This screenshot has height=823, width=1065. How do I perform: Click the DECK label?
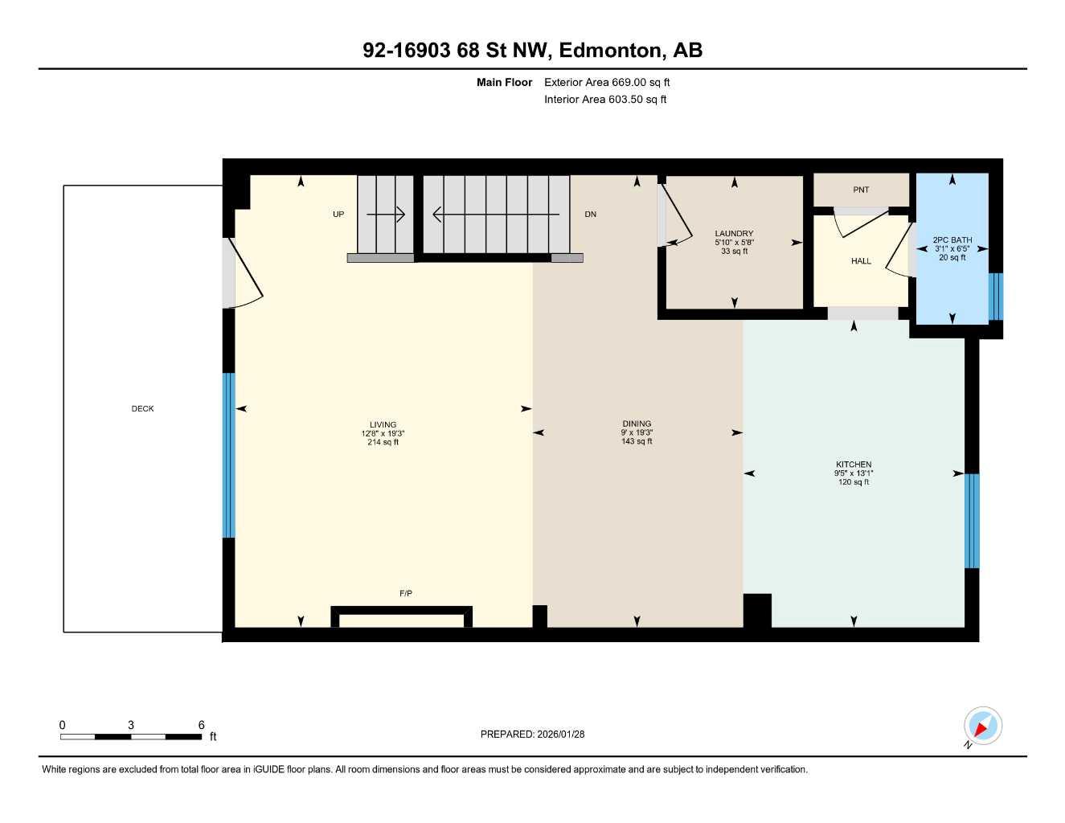point(142,408)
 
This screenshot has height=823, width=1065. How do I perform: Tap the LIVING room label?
point(383,425)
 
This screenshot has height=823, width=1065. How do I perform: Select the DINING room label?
point(637,424)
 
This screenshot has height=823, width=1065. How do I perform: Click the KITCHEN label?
point(853,465)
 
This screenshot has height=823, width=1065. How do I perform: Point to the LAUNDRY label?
point(734,234)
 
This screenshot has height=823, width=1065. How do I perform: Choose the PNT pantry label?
point(861,190)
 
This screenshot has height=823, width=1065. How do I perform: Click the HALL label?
point(861,261)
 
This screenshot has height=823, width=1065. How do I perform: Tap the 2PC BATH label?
point(952,240)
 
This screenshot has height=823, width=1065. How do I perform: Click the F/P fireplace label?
point(406,593)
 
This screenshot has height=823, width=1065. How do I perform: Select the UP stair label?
point(338,215)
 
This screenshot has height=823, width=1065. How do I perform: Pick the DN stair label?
point(590,215)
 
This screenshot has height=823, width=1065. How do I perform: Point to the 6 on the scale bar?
point(202,725)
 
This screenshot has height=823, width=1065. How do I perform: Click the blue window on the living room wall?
point(228,455)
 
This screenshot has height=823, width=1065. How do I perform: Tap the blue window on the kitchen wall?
point(972,521)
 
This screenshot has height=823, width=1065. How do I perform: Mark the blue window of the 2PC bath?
point(995,297)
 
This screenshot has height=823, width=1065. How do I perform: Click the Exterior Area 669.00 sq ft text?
point(607,82)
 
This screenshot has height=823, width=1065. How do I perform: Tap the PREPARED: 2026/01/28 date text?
point(532,734)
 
